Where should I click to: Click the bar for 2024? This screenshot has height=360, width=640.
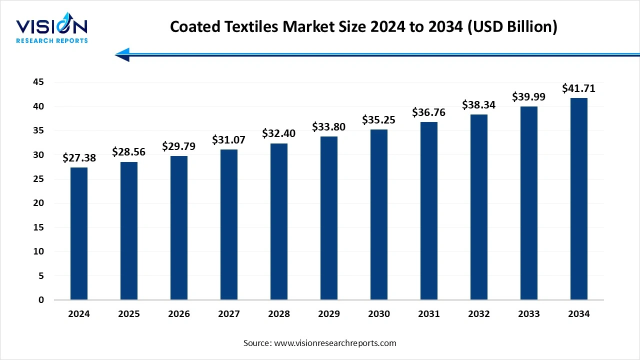[79, 233]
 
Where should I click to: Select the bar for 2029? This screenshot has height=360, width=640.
[329, 218]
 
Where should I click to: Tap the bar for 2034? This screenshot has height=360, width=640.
[578, 199]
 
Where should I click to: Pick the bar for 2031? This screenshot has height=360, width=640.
[429, 211]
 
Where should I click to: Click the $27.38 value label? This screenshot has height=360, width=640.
[79, 158]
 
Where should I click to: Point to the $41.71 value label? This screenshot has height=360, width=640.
[578, 88]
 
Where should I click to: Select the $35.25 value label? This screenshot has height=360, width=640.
[379, 120]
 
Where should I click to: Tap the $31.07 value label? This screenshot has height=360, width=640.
[229, 140]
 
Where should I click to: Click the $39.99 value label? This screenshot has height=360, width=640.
[528, 97]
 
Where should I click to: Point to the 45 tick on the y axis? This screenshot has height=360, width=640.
[38, 82]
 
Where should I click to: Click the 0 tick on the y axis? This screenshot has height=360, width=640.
[41, 300]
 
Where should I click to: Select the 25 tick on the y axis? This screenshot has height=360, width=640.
[38, 179]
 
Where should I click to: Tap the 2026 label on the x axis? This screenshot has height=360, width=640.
[179, 314]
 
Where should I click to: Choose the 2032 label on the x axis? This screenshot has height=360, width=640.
[479, 314]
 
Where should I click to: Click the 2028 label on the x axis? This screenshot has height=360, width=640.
[279, 314]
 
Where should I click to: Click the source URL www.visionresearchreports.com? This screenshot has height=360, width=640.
[335, 343]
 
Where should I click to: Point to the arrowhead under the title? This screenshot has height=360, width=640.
[123, 54]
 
